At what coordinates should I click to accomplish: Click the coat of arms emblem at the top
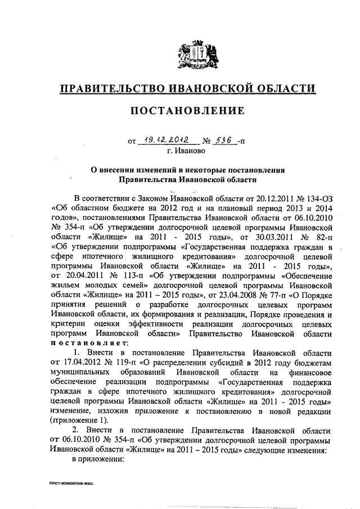tap(194, 53)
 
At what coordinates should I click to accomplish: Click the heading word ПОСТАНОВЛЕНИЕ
tap(187, 110)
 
